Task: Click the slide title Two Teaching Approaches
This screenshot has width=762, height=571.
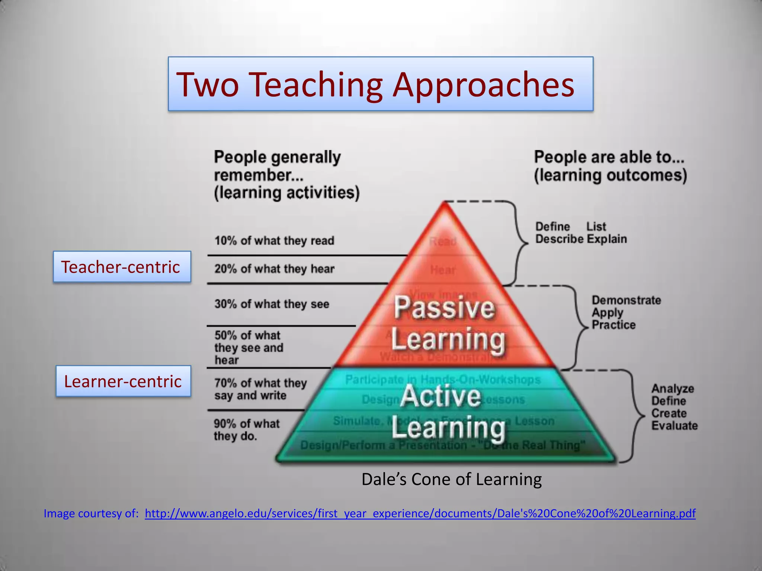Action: tap(376, 84)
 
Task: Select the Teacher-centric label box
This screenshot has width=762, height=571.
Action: tap(122, 267)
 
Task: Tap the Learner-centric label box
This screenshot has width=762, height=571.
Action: tap(123, 381)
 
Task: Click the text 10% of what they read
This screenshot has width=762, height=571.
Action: tap(274, 241)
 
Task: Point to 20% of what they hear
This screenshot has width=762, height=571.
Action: tap(274, 269)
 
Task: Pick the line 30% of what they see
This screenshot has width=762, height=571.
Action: tap(272, 304)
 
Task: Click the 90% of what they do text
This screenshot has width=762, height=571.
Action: tap(246, 430)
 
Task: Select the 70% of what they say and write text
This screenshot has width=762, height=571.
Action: tap(260, 389)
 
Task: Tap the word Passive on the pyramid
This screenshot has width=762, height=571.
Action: tap(444, 307)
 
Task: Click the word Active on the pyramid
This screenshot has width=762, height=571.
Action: tap(441, 396)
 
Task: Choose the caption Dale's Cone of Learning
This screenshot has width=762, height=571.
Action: tap(451, 479)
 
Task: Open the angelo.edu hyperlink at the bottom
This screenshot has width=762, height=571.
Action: tap(420, 513)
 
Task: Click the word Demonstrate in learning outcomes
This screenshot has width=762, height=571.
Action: tap(626, 300)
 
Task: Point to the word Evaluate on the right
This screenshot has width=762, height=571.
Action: tap(674, 426)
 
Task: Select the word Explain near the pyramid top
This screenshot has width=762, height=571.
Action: tap(607, 239)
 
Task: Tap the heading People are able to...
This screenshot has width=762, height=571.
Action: tap(609, 157)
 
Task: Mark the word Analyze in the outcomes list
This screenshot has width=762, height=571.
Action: tap(673, 388)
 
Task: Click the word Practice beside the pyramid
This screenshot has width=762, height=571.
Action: tap(614, 325)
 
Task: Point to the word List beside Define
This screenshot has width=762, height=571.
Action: tap(596, 226)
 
